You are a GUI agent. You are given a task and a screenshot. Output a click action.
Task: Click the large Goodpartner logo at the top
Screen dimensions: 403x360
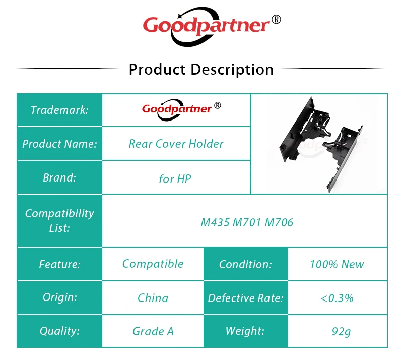pyautogui.click(x=212, y=27)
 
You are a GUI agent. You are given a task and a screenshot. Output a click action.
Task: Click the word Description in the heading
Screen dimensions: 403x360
pyautogui.click(x=232, y=70)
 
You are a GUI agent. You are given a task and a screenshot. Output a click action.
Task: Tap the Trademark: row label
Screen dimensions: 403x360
pyautogui.click(x=59, y=110)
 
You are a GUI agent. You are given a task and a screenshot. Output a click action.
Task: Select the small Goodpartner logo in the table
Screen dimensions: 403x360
pyautogui.click(x=181, y=110)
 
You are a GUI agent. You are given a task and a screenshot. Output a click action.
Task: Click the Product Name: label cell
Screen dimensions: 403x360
pyautogui.click(x=59, y=144)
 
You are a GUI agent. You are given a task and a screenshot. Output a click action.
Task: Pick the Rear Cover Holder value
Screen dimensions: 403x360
pyautogui.click(x=176, y=144)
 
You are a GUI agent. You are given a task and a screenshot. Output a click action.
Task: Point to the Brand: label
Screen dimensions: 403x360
pyautogui.click(x=59, y=177)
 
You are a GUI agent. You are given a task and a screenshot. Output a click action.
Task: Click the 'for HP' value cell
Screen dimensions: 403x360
pyautogui.click(x=176, y=177)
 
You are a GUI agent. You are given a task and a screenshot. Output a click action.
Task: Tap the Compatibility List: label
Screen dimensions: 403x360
pyautogui.click(x=59, y=220)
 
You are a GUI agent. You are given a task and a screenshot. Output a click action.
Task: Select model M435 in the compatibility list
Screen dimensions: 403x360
pyautogui.click(x=215, y=222)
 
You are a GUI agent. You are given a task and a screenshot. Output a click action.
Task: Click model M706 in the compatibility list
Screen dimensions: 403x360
pyautogui.click(x=279, y=222)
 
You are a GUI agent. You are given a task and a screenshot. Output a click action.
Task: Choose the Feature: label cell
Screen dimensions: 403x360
pyautogui.click(x=59, y=264)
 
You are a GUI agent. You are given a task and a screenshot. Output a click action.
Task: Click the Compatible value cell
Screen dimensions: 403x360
pyautogui.click(x=153, y=264)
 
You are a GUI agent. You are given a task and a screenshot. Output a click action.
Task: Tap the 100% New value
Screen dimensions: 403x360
pyautogui.click(x=337, y=264)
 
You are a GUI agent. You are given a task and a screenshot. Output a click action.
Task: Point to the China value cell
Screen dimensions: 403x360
pyautogui.click(x=153, y=298)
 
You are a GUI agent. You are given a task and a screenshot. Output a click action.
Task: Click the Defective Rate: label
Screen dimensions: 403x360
pyautogui.click(x=245, y=298)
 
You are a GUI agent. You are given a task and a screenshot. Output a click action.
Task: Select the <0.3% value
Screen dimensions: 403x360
pyautogui.click(x=337, y=298)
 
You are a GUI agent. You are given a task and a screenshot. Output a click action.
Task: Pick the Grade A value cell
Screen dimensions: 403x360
pyautogui.click(x=153, y=331)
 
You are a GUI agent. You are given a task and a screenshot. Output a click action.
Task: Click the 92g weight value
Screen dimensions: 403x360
pyautogui.click(x=341, y=331)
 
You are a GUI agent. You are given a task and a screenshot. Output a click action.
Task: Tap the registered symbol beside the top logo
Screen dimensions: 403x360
pyautogui.click(x=276, y=20)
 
